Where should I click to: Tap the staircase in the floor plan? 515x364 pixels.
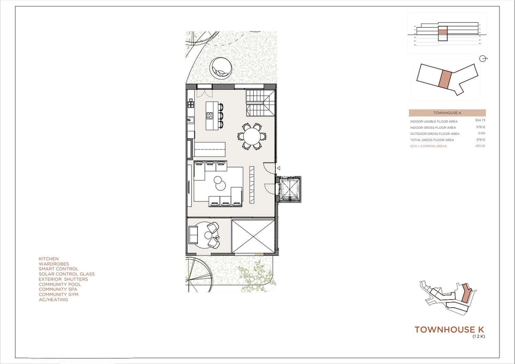(260, 103)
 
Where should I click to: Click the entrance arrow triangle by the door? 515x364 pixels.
(278, 168)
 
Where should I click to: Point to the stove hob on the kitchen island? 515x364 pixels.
(209, 116)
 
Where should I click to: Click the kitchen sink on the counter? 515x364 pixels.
(191, 120)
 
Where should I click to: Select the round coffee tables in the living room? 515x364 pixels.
(218, 183)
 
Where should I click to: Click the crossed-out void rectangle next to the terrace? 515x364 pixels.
(253, 236)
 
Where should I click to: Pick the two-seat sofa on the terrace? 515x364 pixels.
(193, 235)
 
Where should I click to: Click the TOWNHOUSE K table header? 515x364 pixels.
(447, 113)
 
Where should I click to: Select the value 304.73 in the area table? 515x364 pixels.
(480, 120)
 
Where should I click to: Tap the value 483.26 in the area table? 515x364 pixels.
(480, 146)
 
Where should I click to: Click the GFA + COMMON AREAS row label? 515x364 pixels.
(428, 146)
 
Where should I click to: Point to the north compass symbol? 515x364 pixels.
(483, 59)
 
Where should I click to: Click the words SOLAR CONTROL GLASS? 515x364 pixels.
(67, 274)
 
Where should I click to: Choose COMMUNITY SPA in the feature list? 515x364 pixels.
(58, 289)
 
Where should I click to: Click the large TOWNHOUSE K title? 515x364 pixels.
(449, 330)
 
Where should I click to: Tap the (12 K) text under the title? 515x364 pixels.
(479, 337)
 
